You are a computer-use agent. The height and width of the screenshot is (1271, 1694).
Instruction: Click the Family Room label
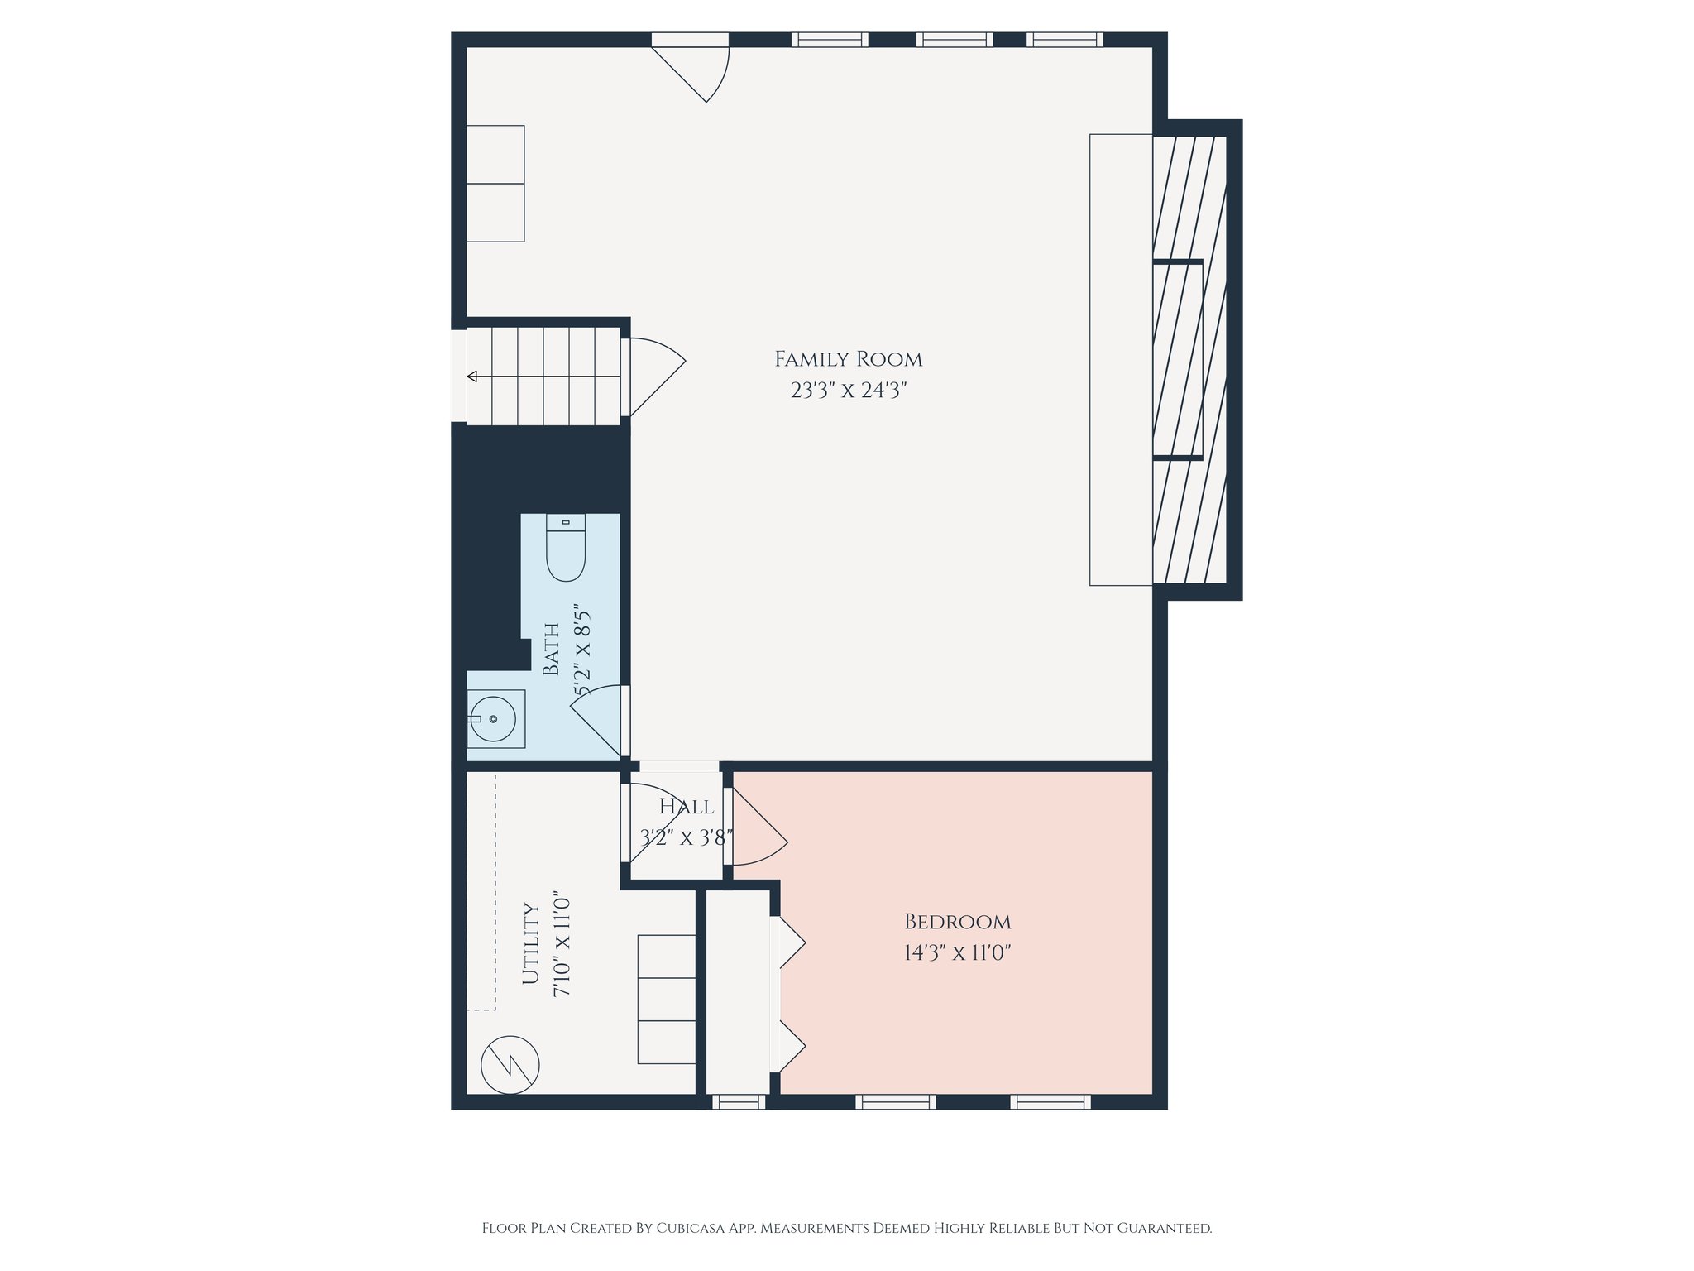pos(848,359)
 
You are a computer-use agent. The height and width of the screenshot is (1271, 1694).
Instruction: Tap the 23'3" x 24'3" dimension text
pos(849,391)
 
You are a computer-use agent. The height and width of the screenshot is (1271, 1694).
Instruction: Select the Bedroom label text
pos(957,922)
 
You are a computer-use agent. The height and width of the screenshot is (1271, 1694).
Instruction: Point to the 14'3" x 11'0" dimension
pos(957,953)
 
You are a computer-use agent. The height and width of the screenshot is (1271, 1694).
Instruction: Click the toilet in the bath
pos(566,548)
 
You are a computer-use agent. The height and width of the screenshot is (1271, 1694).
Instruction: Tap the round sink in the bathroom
pos(493,719)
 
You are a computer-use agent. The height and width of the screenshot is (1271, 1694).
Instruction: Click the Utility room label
pos(531,943)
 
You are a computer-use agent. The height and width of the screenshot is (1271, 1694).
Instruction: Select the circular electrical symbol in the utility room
pos(510,1065)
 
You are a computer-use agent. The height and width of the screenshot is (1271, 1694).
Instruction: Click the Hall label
pos(687,807)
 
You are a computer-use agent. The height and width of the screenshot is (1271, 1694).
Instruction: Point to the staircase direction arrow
pos(473,377)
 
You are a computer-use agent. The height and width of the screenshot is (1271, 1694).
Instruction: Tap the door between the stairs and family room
pos(653,377)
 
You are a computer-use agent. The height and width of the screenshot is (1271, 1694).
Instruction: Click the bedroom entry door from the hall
pos(757,827)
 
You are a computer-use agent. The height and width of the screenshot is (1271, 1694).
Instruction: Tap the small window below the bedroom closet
pos(739,1101)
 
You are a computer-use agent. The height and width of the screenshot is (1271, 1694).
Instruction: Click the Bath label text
pos(552,649)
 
